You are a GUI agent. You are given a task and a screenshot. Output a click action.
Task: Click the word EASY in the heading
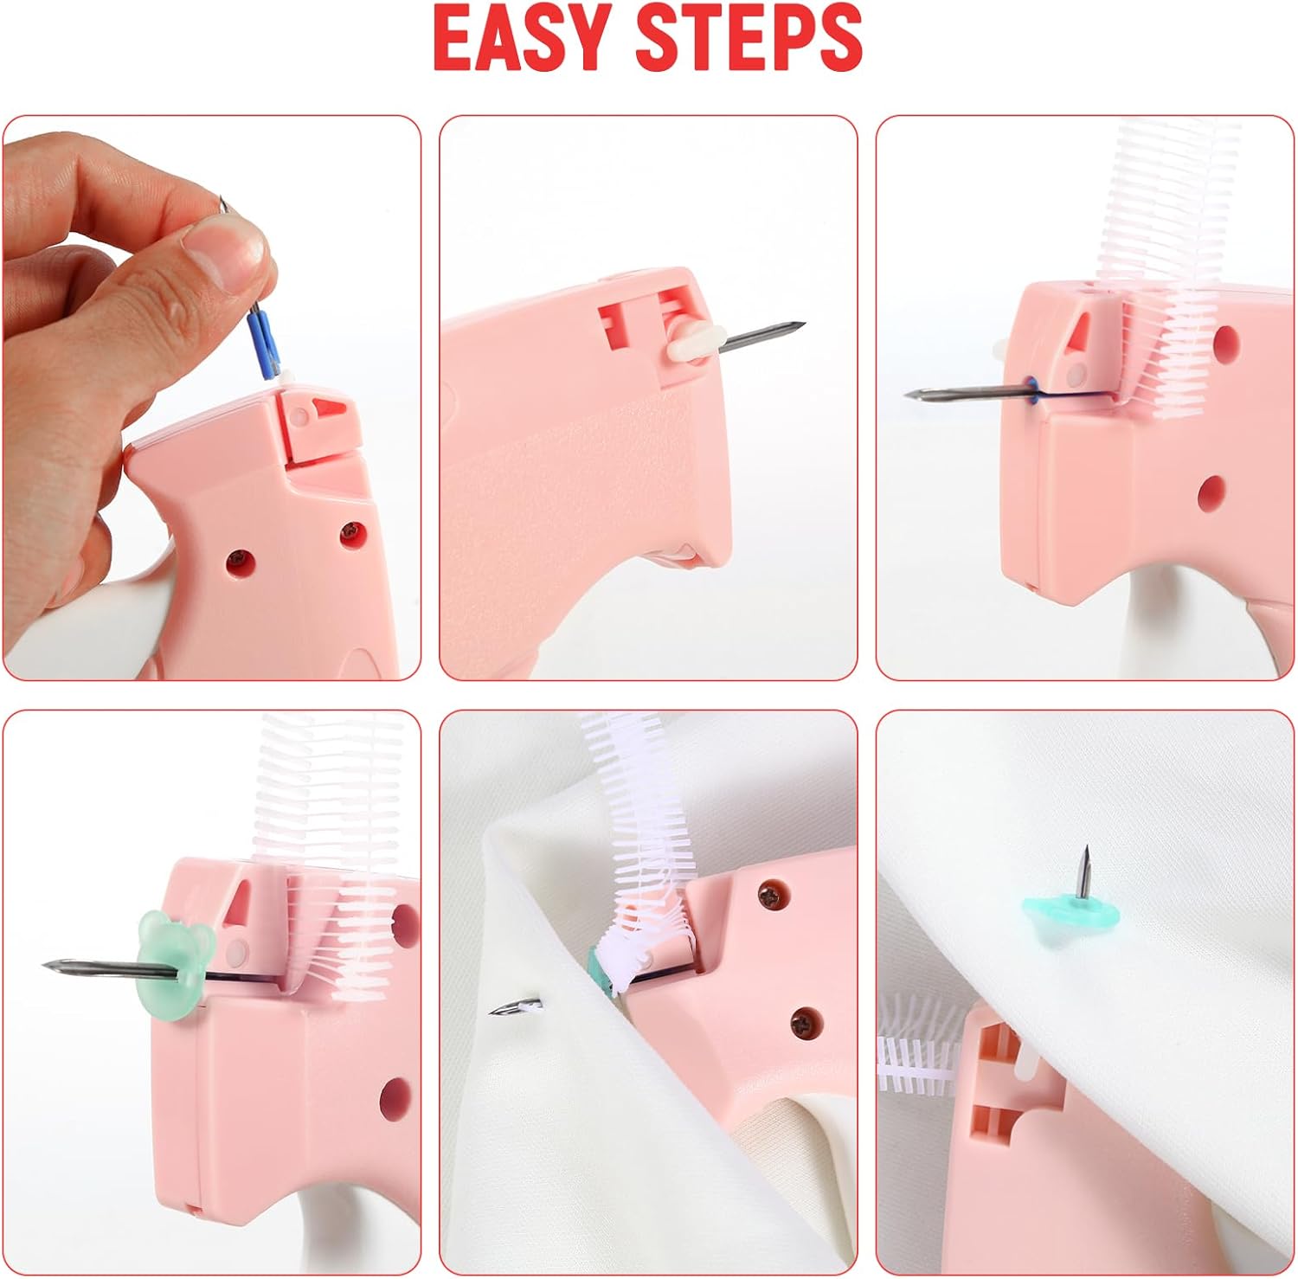click(x=520, y=37)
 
